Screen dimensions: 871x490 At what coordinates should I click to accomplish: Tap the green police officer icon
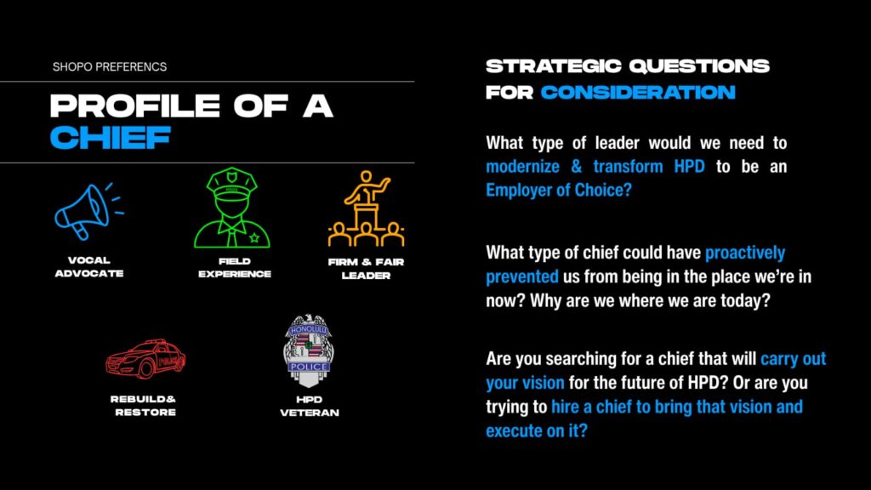(232, 208)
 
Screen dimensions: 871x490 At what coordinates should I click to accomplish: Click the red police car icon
(145, 359)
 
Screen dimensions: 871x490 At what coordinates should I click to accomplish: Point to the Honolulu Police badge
(309, 350)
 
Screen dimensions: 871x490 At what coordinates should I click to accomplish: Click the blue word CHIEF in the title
(110, 138)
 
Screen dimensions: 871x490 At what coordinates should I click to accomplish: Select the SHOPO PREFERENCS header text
(110, 66)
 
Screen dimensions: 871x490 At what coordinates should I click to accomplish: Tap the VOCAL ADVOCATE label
(88, 266)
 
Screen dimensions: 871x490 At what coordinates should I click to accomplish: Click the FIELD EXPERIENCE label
(235, 267)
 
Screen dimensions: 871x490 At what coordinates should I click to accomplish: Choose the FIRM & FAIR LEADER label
(366, 269)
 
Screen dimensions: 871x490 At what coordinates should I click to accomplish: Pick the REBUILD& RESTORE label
(143, 406)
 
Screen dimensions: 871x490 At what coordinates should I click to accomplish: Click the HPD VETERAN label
(310, 406)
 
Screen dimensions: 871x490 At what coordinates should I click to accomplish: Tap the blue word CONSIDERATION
(638, 92)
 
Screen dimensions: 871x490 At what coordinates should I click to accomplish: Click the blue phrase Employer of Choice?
(559, 190)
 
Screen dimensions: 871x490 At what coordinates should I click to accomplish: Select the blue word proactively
(745, 253)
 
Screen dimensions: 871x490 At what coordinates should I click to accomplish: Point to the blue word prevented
(522, 276)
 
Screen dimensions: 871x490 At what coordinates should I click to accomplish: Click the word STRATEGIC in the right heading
(553, 66)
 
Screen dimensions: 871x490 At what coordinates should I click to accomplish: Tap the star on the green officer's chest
(254, 238)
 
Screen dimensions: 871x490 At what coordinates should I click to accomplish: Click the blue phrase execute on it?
(537, 430)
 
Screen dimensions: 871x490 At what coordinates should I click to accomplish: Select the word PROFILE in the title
(135, 105)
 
